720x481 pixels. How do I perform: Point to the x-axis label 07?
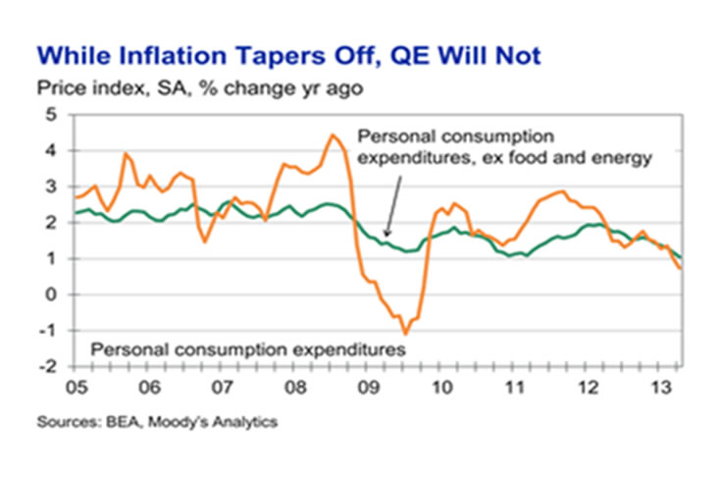pos(227,384)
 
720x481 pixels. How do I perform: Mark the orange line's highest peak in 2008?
pos(333,134)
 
